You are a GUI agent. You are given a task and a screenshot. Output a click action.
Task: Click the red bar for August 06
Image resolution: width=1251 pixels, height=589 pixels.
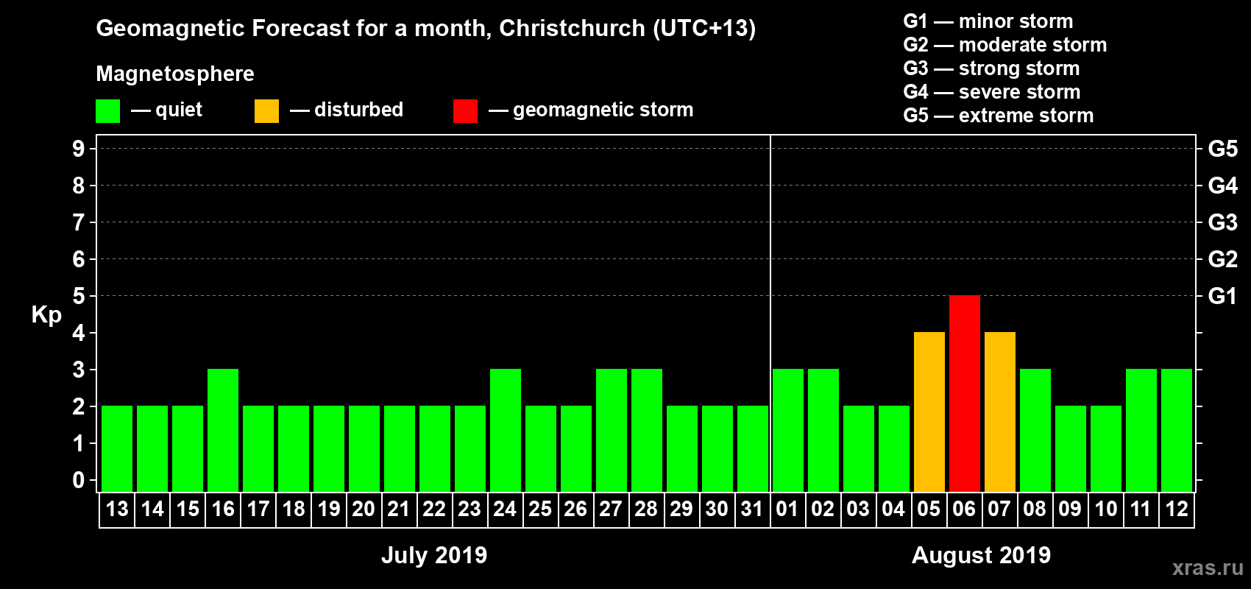tap(964, 393)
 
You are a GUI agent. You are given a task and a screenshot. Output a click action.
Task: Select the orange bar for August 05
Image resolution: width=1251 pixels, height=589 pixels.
tap(929, 412)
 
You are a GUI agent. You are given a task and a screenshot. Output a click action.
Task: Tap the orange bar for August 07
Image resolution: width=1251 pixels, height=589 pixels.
tap(999, 412)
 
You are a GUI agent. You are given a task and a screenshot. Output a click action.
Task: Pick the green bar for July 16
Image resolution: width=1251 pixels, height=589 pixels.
tap(223, 430)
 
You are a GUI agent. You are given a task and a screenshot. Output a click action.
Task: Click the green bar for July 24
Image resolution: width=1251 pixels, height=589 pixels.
tap(506, 430)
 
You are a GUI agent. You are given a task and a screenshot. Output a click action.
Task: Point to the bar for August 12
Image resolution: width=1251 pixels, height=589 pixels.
tap(1176, 430)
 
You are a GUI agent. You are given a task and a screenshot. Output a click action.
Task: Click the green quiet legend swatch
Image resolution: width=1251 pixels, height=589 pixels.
tap(107, 111)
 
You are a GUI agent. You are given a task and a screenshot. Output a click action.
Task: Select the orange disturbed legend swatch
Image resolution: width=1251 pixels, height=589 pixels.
tap(266, 111)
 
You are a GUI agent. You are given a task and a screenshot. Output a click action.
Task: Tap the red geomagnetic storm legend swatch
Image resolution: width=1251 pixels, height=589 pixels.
tap(465, 111)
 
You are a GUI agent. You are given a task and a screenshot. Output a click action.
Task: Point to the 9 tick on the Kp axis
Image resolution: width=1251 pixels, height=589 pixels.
tap(79, 149)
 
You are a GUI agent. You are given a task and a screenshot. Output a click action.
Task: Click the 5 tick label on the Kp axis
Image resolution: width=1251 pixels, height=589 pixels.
tap(79, 296)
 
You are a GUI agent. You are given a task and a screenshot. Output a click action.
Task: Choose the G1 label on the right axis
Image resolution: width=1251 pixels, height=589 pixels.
tap(1222, 296)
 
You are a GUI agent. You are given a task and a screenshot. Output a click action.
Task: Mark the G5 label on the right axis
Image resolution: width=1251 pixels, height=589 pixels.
tap(1222, 149)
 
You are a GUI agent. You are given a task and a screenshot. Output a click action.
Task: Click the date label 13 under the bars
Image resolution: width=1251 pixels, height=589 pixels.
tap(117, 509)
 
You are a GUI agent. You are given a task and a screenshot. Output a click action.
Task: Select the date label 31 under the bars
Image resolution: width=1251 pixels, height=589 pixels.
tap(752, 509)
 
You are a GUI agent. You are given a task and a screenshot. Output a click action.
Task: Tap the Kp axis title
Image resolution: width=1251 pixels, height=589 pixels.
tap(46, 315)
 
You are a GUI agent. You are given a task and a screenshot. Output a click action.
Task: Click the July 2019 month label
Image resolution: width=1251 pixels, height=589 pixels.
tap(434, 555)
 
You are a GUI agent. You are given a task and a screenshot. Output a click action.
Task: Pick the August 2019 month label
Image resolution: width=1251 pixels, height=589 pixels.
tap(981, 555)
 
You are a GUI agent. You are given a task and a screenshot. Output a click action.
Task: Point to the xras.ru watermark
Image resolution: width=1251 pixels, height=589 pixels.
tap(1208, 568)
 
